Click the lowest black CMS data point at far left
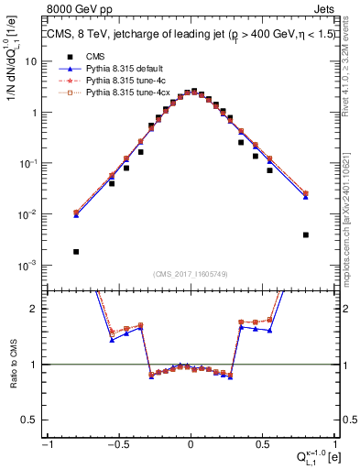tap(76, 252)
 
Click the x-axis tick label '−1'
tap(48, 442)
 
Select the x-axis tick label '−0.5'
tap(117, 442)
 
